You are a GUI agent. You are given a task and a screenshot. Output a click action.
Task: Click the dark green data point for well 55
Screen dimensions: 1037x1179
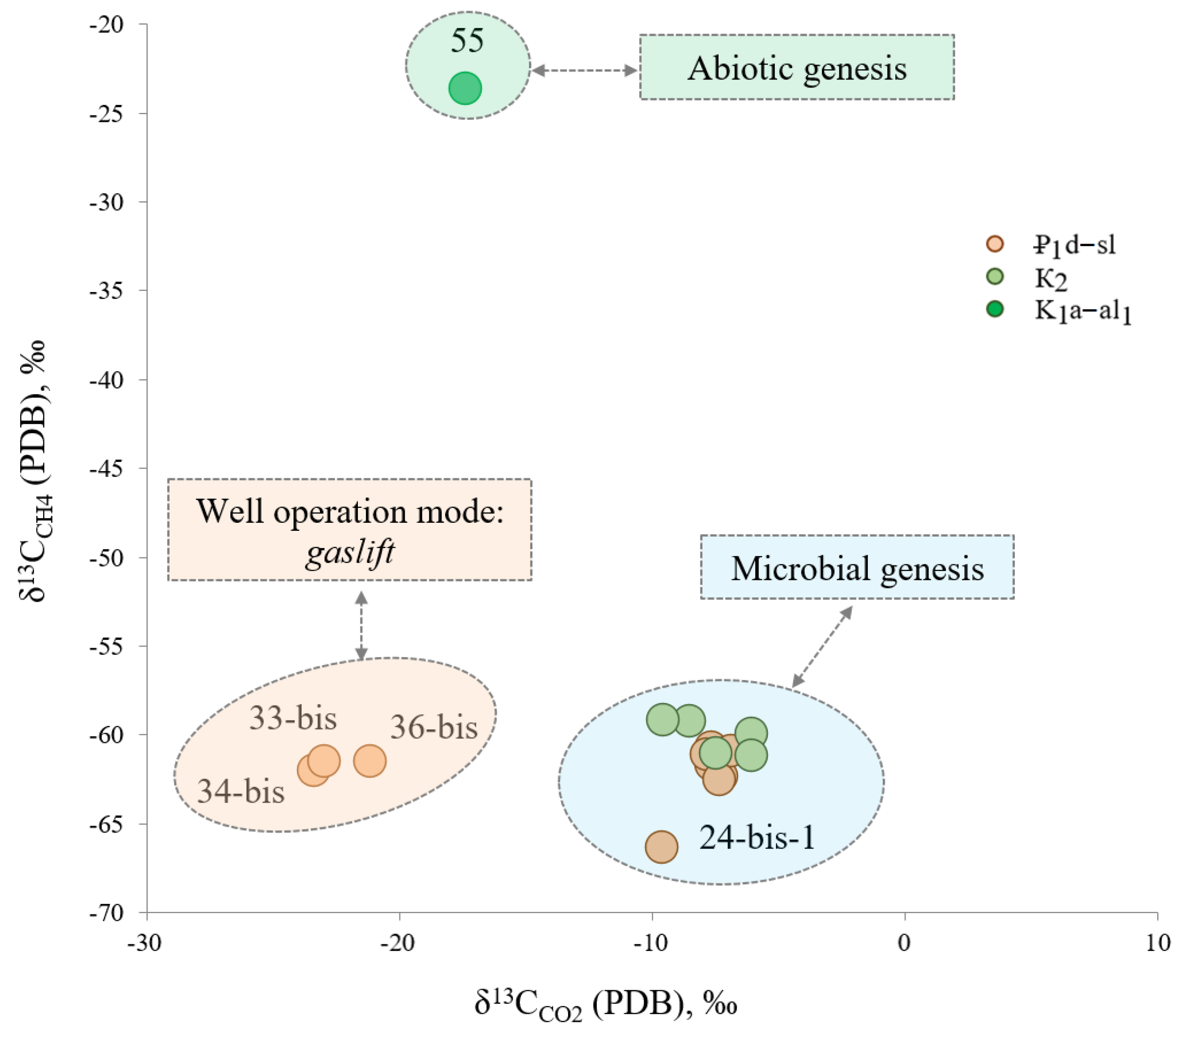pyautogui.click(x=465, y=88)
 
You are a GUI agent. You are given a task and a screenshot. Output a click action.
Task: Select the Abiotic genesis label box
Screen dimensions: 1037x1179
pyautogui.click(x=796, y=67)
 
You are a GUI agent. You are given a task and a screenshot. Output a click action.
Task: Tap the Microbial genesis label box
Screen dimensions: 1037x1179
pyautogui.click(x=857, y=568)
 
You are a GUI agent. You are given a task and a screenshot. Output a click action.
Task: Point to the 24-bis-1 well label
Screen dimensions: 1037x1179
pyautogui.click(x=757, y=837)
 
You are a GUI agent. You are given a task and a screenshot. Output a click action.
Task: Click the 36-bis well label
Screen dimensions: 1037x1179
pyautogui.click(x=434, y=727)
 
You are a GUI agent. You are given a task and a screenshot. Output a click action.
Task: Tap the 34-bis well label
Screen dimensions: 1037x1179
pyautogui.click(x=241, y=791)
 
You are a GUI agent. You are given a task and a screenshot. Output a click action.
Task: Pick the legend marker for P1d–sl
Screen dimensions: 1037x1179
pyautogui.click(x=995, y=244)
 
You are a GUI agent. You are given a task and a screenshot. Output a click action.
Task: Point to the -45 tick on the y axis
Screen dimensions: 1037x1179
pyautogui.click(x=107, y=468)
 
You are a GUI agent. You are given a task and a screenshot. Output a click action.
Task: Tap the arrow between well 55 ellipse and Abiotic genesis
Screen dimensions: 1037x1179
pyautogui.click(x=584, y=70)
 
